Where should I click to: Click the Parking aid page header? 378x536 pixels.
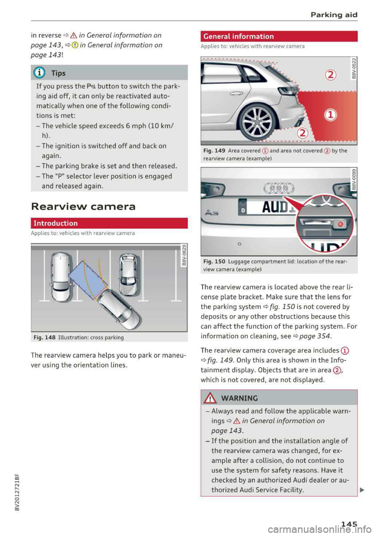[334, 15]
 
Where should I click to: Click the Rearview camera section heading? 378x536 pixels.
[83, 206]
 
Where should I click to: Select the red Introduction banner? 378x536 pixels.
[109, 223]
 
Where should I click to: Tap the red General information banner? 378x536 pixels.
[279, 36]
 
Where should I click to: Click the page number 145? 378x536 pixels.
[349, 524]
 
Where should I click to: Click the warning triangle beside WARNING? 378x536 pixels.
[211, 398]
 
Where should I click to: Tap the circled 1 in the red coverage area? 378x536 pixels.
[330, 115]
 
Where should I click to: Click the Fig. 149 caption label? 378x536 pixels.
[214, 150]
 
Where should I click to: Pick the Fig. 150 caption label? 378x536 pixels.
[214, 262]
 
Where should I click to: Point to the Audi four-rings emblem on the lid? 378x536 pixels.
[279, 188]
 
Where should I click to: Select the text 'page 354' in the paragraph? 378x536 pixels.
[315, 336]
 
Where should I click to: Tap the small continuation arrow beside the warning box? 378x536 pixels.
[361, 490]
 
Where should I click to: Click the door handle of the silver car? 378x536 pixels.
[236, 93]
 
